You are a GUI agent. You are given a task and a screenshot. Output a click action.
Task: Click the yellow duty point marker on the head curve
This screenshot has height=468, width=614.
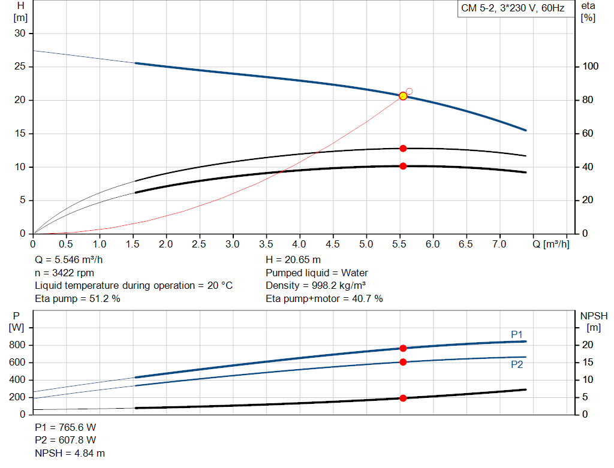[403, 96]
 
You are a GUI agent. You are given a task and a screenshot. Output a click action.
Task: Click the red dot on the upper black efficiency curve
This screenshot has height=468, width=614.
[403, 148]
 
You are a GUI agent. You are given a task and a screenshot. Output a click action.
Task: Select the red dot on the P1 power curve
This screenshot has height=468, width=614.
[403, 348]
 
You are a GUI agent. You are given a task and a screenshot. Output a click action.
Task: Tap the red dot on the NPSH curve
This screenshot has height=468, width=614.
[403, 398]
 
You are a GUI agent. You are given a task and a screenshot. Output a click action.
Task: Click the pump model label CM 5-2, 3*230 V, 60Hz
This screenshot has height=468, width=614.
[513, 9]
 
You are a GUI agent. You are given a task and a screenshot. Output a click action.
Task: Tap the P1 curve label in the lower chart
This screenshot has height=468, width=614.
[517, 334]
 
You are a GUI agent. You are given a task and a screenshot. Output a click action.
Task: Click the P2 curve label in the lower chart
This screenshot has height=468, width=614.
[517, 364]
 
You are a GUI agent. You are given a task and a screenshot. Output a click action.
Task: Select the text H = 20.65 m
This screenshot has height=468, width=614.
[293, 260]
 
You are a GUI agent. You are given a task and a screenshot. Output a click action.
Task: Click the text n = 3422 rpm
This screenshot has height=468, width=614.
[65, 273]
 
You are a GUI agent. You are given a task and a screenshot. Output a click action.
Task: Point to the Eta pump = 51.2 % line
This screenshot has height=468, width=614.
[78, 298]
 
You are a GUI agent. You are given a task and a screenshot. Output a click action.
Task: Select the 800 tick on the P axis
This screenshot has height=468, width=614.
[18, 345]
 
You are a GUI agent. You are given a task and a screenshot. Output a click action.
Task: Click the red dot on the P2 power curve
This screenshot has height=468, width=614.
[403, 362]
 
